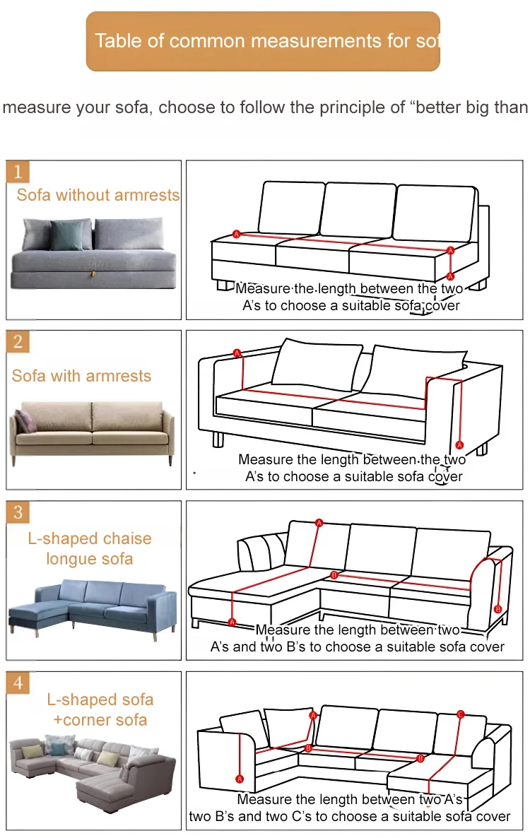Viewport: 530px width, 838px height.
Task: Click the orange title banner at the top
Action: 263,41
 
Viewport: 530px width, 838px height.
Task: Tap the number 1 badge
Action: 18,172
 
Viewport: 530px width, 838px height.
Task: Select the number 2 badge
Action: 18,341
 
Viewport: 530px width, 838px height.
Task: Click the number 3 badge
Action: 18,512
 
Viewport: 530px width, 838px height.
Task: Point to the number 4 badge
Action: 18,683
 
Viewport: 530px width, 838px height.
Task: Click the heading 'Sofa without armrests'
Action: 98,194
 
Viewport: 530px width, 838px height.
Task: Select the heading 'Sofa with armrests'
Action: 81,376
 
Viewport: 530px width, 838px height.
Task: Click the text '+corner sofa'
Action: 100,720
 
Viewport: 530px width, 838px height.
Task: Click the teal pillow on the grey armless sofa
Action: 69,235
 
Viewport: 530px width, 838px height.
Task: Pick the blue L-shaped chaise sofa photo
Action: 93,609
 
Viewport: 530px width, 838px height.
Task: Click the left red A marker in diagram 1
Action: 236,234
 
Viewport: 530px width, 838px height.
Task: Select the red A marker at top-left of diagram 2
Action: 237,353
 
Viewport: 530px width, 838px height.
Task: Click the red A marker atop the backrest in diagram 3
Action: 319,523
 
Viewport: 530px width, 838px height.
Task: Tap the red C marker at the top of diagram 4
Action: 461,714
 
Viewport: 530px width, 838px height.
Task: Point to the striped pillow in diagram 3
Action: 262,552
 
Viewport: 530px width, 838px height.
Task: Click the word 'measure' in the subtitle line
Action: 37,107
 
